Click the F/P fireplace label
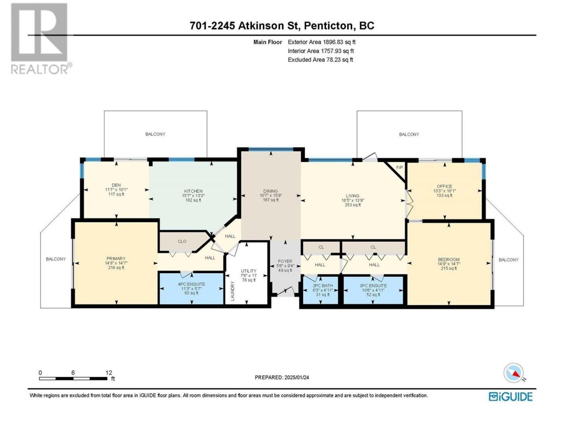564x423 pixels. pyautogui.click(x=399, y=167)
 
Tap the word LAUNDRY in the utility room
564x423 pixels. pyautogui.click(x=233, y=291)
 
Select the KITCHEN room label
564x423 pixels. pyautogui.click(x=193, y=191)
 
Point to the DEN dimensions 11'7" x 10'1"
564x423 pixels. pyautogui.click(x=116, y=189)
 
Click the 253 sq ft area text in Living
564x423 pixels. pyautogui.click(x=352, y=205)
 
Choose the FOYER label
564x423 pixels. pyautogui.click(x=285, y=261)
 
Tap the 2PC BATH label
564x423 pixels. pyautogui.click(x=323, y=286)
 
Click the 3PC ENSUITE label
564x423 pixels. pyautogui.click(x=373, y=286)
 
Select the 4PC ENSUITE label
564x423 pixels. pyautogui.click(x=191, y=284)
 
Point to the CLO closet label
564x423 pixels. pyautogui.click(x=182, y=241)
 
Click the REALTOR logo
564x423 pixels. pyautogui.click(x=41, y=38)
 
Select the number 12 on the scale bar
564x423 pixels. pyautogui.click(x=109, y=372)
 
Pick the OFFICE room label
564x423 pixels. pyautogui.click(x=445, y=186)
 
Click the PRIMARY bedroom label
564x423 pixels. pyautogui.click(x=116, y=258)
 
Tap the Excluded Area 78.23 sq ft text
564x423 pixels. pyautogui.click(x=320, y=59)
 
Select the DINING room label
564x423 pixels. pyautogui.click(x=271, y=191)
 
